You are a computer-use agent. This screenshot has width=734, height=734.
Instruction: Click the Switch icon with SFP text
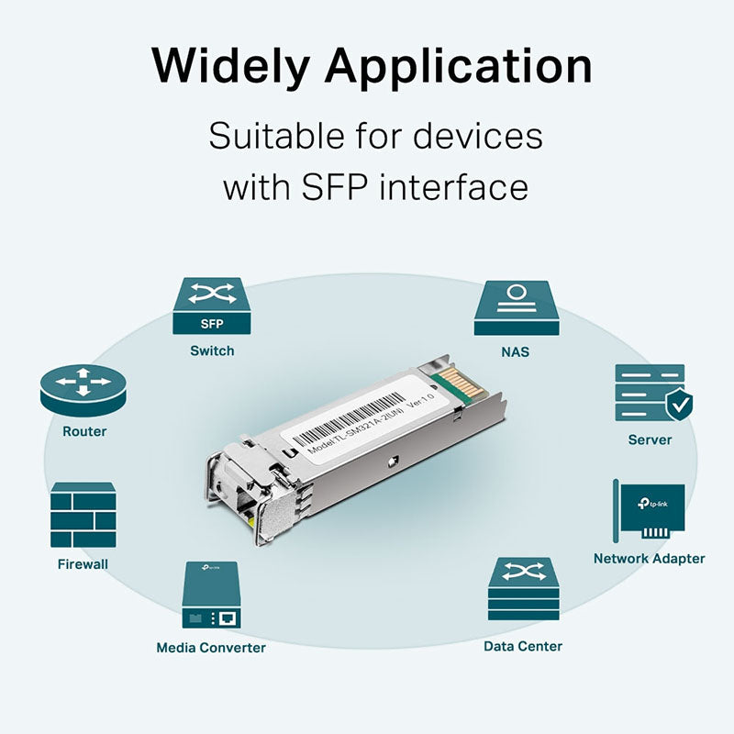pyautogui.click(x=211, y=306)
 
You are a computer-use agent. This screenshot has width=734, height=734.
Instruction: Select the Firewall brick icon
pyautogui.click(x=83, y=515)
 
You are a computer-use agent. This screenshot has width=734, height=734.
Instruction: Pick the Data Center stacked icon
pyautogui.click(x=523, y=589)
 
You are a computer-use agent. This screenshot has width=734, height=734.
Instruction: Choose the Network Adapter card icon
pyautogui.click(x=649, y=511)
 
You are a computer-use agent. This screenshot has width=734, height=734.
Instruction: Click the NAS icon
pyautogui.click(x=516, y=307)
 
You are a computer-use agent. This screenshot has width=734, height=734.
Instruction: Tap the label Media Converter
pyautogui.click(x=211, y=648)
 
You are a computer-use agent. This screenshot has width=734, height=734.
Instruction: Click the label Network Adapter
pyautogui.click(x=649, y=558)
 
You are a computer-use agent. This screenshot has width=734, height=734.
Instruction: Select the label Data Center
pyautogui.click(x=523, y=646)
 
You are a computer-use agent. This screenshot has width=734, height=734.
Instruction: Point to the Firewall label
pyautogui.click(x=83, y=563)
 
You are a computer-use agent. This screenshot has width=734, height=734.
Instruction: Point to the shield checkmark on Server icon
pyautogui.click(x=679, y=402)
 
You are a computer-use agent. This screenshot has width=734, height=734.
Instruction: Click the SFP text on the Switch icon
pyautogui.click(x=211, y=323)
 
